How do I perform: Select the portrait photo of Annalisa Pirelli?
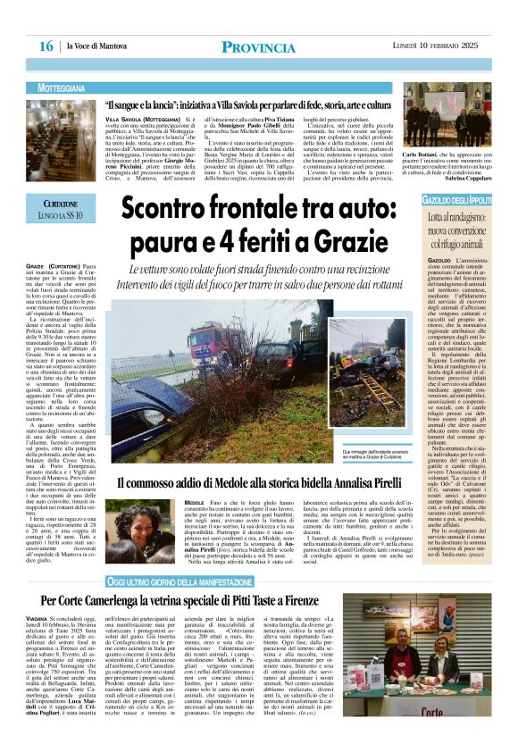point(147,528)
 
